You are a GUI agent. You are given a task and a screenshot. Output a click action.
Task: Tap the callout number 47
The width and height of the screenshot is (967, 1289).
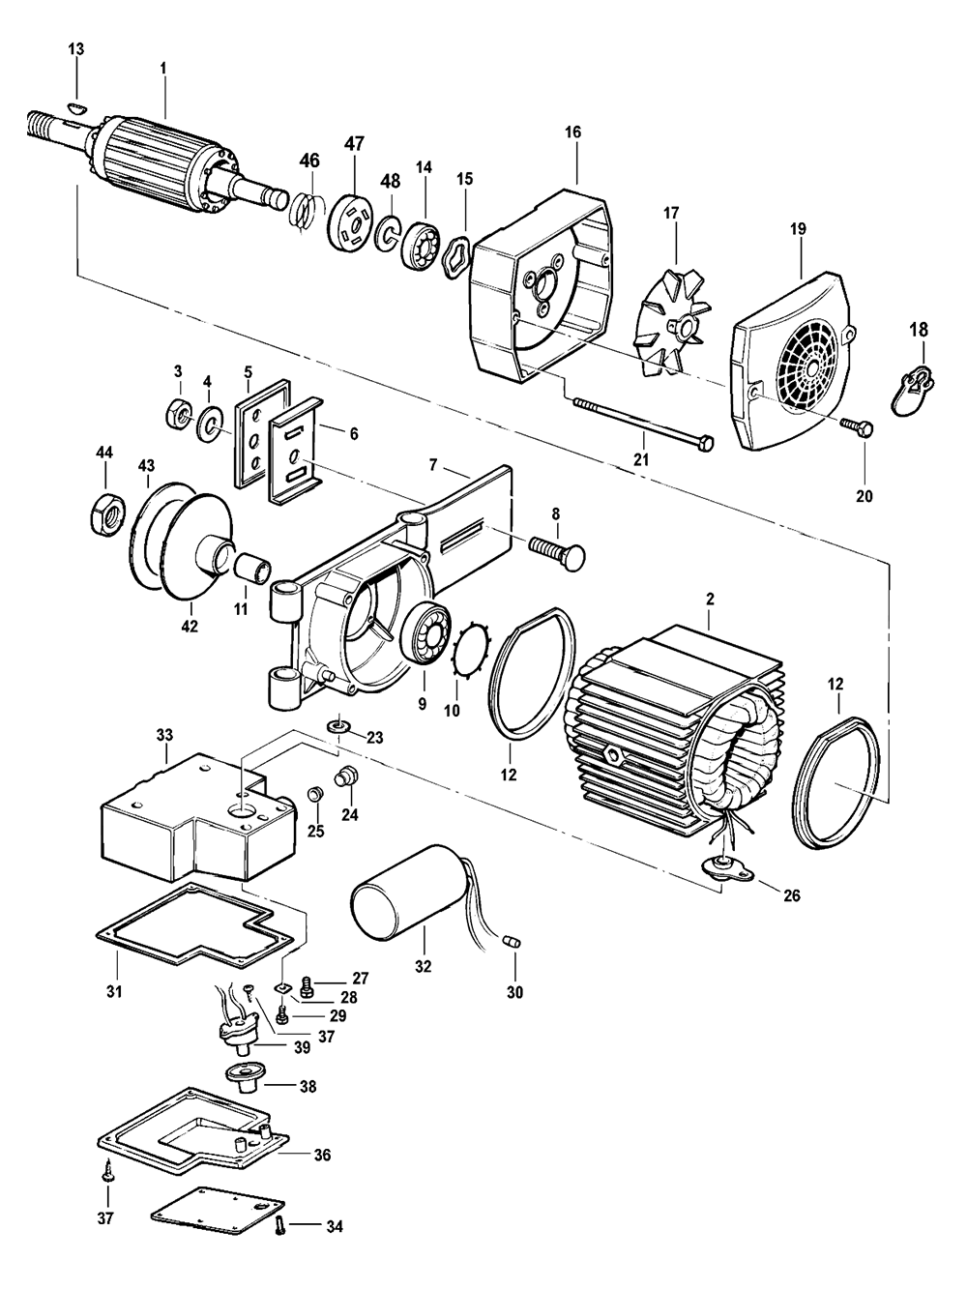pos(354,144)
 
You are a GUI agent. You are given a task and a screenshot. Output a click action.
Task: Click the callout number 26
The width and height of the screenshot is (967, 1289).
pos(791,895)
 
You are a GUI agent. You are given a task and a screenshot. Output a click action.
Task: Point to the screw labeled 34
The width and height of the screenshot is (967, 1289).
pos(279,1227)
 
